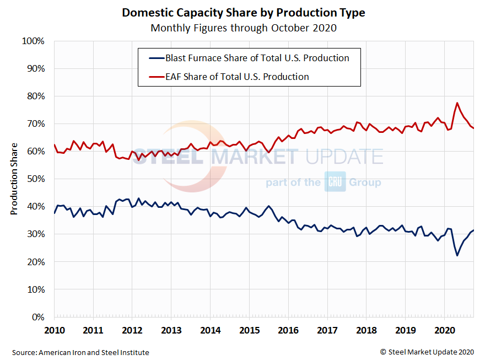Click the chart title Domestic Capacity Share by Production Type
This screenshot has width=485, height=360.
243,13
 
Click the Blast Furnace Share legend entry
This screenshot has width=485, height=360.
257,58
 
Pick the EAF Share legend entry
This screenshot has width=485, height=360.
237,77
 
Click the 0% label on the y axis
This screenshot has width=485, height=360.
37,317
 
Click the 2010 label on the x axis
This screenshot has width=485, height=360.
55,331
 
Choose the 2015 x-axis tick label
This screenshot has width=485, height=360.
249,331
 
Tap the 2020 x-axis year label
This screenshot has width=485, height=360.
444,331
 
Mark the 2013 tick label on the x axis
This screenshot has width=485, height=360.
171,331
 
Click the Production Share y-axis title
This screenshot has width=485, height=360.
15,179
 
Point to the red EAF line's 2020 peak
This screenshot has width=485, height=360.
457,103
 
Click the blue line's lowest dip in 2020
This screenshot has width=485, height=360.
457,255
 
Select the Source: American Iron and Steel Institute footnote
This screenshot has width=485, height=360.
80,352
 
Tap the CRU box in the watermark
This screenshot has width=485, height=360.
335,182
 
